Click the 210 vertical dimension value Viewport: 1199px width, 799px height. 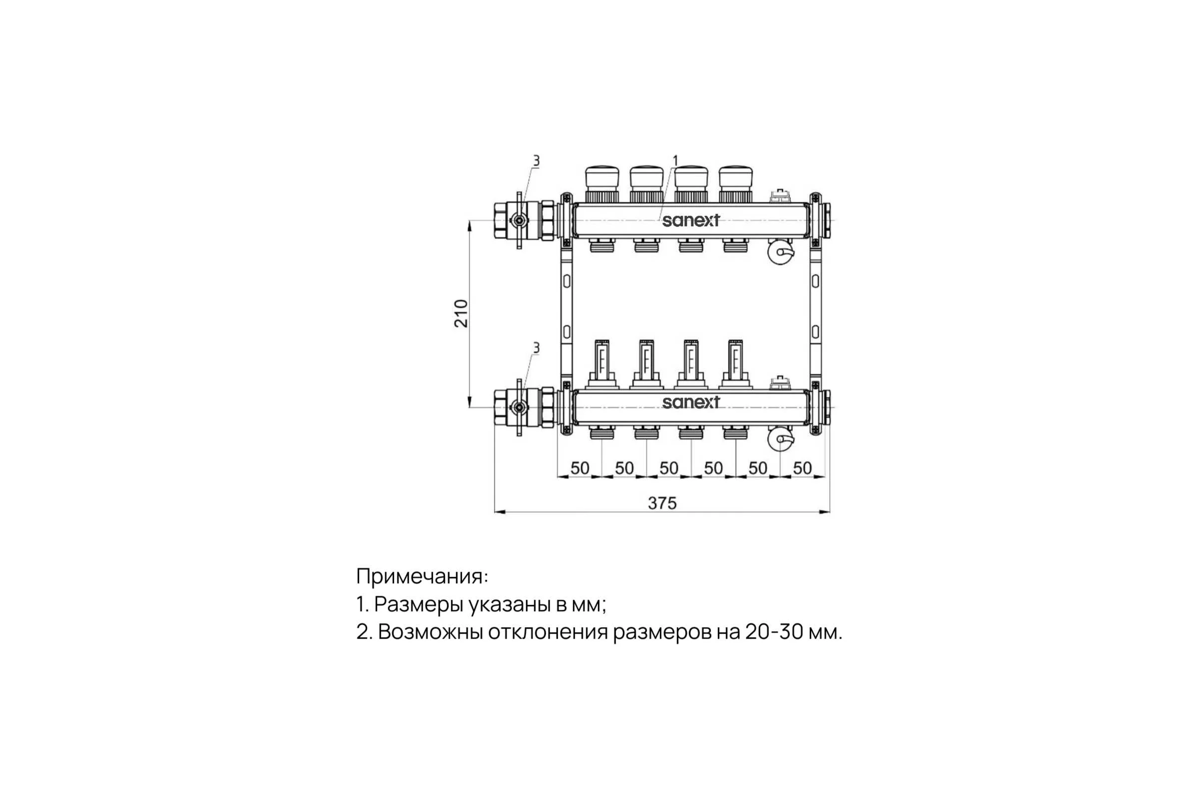461,314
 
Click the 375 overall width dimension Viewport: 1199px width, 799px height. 662,503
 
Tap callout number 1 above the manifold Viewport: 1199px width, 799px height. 675,161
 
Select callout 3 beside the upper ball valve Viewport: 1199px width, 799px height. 536,161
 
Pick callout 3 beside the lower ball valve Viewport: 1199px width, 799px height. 536,348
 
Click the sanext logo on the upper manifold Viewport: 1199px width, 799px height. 691,221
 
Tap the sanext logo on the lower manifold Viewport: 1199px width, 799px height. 691,402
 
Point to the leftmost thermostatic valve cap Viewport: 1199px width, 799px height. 602,177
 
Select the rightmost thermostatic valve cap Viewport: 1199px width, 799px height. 736,177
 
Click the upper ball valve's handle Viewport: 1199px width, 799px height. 520,221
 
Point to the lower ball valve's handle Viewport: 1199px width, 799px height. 520,407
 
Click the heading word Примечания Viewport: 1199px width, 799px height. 422,577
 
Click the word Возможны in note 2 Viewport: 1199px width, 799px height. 431,632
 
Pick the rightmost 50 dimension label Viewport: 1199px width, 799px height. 802,468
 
